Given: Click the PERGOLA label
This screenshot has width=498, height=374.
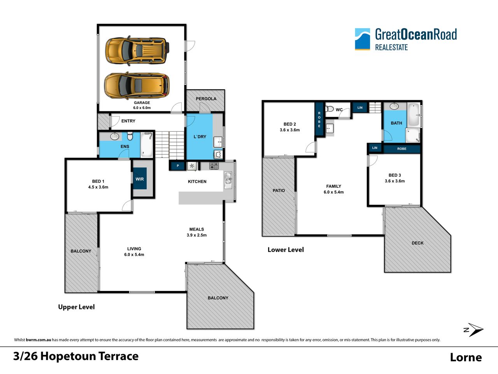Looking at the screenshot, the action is pyautogui.click(x=206, y=99).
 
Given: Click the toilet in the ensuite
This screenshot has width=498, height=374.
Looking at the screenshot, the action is pyautogui.click(x=130, y=136).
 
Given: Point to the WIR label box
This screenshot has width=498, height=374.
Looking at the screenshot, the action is pyautogui.click(x=140, y=178).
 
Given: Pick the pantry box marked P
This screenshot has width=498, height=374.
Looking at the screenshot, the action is pyautogui.click(x=178, y=166).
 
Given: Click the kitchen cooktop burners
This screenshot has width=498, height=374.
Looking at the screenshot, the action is pyautogui.click(x=214, y=166).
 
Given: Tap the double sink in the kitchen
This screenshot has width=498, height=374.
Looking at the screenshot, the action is pyautogui.click(x=228, y=180).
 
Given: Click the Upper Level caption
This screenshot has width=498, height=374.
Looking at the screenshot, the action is pyautogui.click(x=77, y=307).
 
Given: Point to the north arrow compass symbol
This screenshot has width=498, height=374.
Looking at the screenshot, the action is pyautogui.click(x=473, y=330).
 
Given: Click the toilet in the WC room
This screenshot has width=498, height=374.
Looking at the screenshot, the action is pyautogui.click(x=330, y=109).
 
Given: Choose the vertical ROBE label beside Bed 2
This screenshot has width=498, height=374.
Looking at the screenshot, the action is pyautogui.click(x=319, y=120).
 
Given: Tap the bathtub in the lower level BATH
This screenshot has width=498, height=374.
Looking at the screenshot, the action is pyautogui.click(x=414, y=115).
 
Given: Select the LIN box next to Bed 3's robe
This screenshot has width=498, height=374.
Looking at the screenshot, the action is pyautogui.click(x=375, y=148).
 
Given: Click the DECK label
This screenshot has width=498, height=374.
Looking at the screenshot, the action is pyautogui.click(x=417, y=243).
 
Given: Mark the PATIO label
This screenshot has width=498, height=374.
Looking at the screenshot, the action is pyautogui.click(x=279, y=191).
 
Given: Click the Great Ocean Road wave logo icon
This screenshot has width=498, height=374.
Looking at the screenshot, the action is pyautogui.click(x=362, y=39).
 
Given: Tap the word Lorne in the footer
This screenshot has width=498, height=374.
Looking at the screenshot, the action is pyautogui.click(x=466, y=357).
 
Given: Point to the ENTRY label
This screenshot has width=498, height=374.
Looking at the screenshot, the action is pyautogui.click(x=128, y=121).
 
